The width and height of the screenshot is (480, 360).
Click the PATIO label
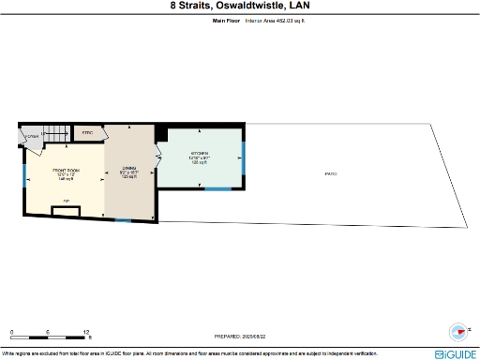[331, 173]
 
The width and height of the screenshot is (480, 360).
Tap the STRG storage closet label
[88, 134]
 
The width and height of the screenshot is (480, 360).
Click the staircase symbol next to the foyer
[58, 133]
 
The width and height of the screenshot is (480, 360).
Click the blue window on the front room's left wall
[23, 174]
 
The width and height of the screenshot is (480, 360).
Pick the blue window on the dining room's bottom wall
[123, 220]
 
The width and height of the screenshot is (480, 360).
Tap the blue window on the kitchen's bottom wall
[217, 188]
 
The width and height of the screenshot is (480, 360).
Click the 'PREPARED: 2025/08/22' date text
[239, 336]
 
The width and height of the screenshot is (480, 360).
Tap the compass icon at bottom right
[458, 331]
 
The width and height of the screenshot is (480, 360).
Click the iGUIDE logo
[456, 353]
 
